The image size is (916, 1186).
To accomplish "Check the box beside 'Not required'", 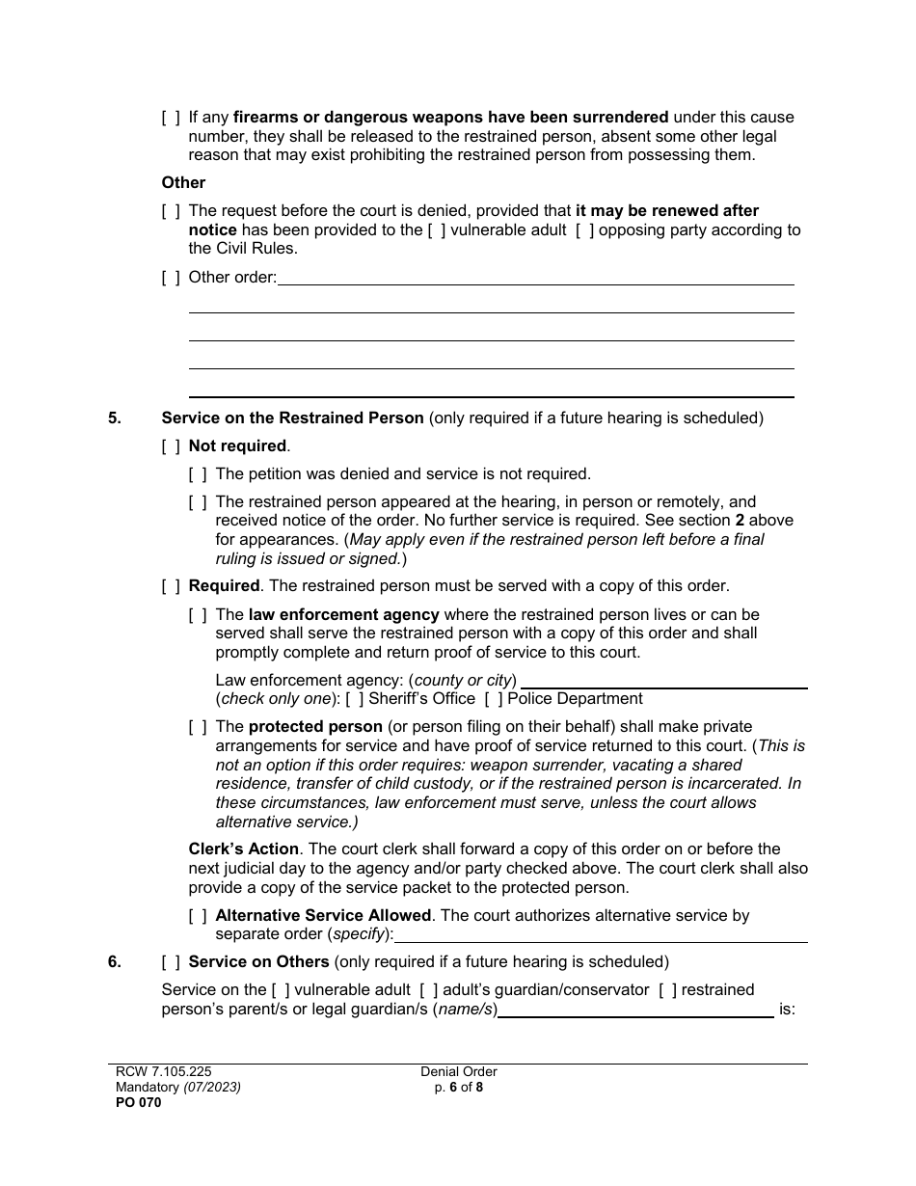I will click(x=171, y=445).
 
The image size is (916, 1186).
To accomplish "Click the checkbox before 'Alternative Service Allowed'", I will click(x=198, y=915).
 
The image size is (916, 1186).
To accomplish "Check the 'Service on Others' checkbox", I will click(x=171, y=961).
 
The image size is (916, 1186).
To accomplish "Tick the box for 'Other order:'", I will click(x=171, y=278).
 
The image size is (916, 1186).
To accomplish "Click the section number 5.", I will click(x=115, y=418).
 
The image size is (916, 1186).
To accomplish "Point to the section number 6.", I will click(x=115, y=961).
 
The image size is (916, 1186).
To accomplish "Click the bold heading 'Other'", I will click(x=183, y=182).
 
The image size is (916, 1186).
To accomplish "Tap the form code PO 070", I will click(x=135, y=1103).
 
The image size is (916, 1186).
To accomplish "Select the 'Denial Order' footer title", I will click(x=458, y=1071).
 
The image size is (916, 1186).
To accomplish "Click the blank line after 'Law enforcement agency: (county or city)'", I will click(x=663, y=682).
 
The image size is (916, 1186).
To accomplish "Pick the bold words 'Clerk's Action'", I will click(x=243, y=849).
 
